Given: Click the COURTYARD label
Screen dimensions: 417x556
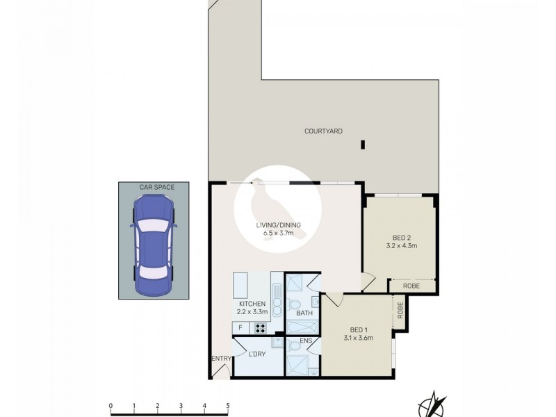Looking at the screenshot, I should coord(323,131).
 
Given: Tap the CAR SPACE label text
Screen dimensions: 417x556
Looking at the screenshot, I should coord(147,186).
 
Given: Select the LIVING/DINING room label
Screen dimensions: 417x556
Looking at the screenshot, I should coord(277,224).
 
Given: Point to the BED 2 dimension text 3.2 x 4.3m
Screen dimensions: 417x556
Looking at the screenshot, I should coord(401,245).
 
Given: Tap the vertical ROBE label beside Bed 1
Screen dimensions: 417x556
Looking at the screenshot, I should coord(400,310).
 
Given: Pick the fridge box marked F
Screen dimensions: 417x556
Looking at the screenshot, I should coord(240,328).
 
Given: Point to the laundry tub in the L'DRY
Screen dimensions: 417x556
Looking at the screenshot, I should coord(277,343).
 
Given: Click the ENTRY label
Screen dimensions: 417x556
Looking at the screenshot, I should coord(220,359).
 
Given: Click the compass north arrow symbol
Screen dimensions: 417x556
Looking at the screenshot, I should coord(434,403).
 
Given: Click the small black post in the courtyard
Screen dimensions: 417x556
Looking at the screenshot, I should coord(362,145).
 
